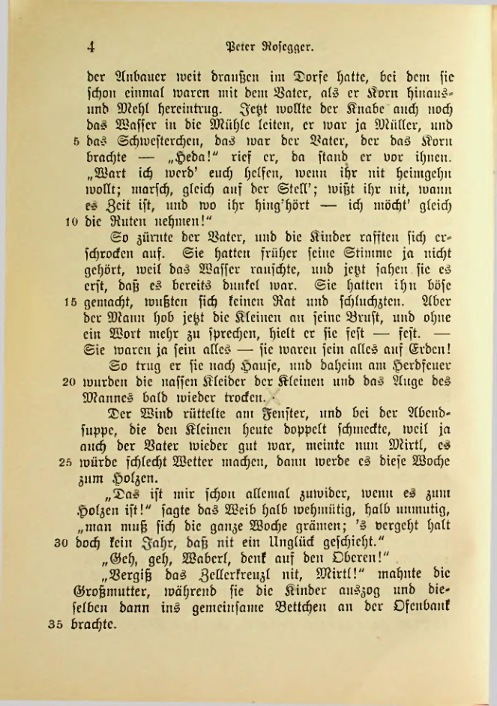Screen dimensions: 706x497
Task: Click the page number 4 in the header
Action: click(90, 46)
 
